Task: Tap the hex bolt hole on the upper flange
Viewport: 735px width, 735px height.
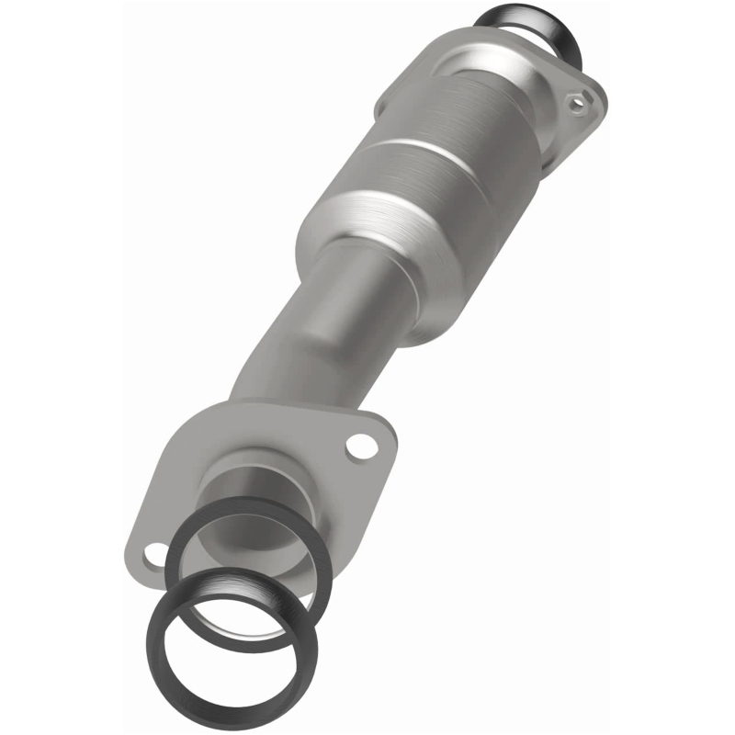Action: (576, 104)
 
